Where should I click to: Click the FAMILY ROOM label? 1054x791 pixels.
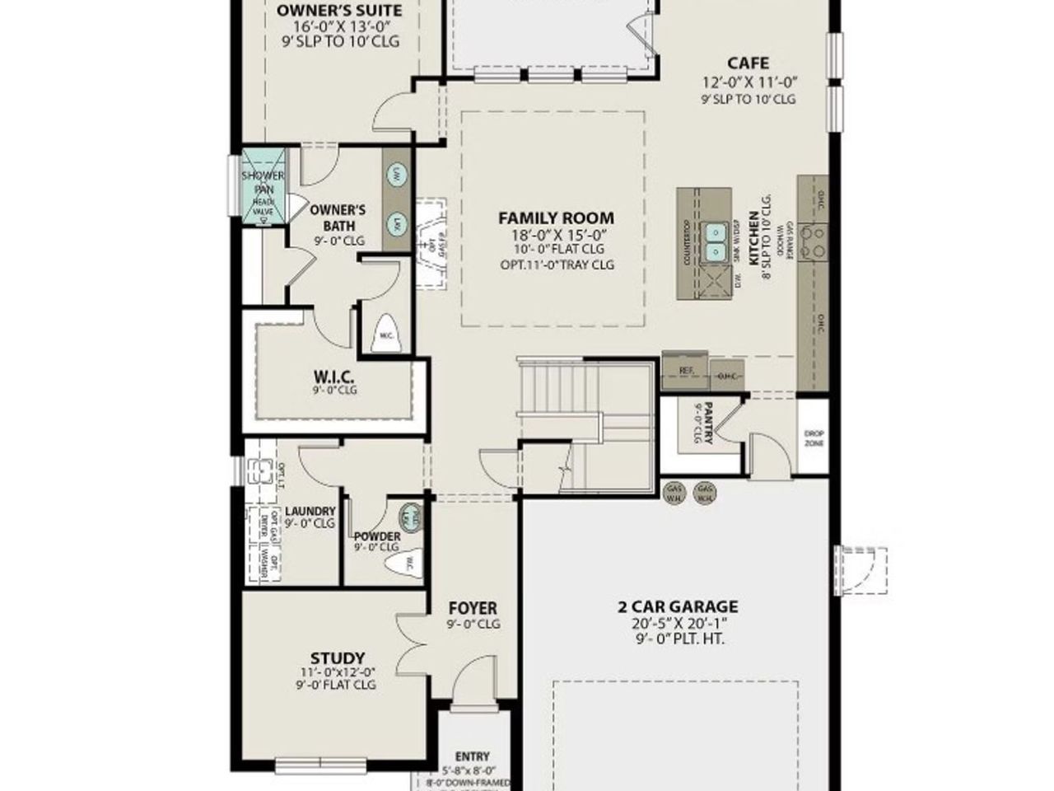(556, 218)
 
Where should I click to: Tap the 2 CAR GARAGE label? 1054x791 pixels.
(678, 607)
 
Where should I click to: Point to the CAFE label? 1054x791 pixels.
(748, 63)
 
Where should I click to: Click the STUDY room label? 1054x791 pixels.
(338, 658)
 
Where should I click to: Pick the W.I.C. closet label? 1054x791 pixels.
(334, 377)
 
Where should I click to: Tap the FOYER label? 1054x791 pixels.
(473, 609)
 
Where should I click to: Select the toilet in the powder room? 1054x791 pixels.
(407, 563)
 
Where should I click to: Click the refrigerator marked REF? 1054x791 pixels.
(685, 371)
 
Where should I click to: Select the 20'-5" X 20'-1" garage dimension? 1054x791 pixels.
(678, 624)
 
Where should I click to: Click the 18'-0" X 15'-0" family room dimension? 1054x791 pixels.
(556, 235)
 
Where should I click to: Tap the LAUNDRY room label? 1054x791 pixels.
(310, 511)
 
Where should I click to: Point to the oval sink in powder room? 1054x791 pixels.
(408, 517)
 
